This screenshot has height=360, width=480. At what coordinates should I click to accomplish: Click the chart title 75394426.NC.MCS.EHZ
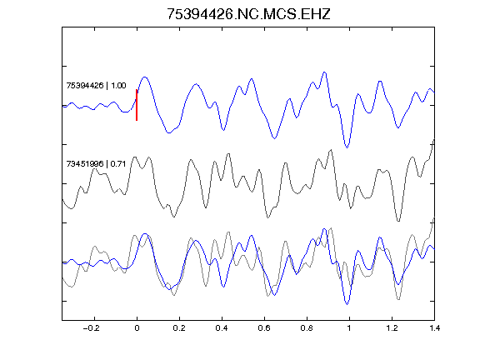click(248, 14)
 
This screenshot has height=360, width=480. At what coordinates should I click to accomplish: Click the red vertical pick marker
click(137, 105)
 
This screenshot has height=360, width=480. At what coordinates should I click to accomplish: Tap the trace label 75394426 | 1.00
click(96, 85)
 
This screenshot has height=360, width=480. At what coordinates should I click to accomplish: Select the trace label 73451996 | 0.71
click(96, 164)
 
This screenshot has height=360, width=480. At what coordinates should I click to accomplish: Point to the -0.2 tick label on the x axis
click(92, 328)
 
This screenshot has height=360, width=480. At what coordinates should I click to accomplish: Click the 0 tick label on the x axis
click(137, 328)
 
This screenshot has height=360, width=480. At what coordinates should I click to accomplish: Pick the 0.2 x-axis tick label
click(179, 328)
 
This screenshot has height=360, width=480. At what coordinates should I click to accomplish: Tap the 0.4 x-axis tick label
click(222, 328)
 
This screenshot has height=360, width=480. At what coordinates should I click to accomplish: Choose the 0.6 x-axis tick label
click(264, 328)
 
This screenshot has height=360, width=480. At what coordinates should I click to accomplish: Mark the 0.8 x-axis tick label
click(307, 328)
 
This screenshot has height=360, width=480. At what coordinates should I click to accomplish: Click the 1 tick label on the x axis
click(349, 328)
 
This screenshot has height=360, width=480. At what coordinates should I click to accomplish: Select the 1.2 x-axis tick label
click(392, 328)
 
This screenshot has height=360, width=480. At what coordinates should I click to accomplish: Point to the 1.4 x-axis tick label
click(434, 328)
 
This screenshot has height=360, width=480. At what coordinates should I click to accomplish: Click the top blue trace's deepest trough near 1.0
click(347, 147)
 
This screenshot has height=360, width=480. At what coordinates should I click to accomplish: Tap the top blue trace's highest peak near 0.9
click(324, 72)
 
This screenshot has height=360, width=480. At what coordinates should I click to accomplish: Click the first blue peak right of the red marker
click(145, 77)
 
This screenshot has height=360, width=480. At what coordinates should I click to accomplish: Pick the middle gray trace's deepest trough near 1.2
click(398, 221)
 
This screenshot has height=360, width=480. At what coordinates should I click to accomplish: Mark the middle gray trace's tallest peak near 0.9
click(331, 150)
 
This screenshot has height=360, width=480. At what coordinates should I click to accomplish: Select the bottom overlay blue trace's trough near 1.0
click(347, 304)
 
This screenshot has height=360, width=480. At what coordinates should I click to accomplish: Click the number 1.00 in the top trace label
click(118, 85)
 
